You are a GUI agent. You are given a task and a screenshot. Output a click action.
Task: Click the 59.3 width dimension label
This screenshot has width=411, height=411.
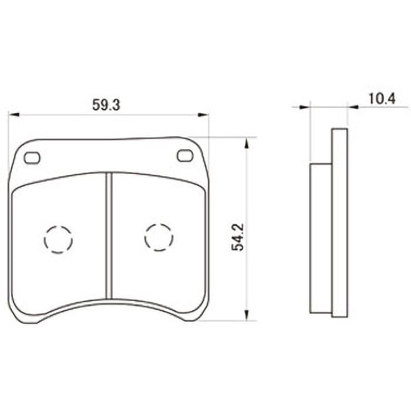click(106, 105)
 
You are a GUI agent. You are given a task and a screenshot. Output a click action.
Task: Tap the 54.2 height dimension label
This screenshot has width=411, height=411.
click(238, 237)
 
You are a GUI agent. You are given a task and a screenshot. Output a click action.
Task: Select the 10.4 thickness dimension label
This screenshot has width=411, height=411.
click(382, 99)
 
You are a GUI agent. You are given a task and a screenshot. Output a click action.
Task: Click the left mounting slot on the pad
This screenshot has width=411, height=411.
click(32, 158)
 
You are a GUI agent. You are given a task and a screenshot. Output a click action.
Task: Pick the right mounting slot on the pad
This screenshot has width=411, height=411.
click(185, 156)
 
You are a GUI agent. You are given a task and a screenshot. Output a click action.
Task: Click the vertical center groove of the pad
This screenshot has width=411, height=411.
click(109, 235)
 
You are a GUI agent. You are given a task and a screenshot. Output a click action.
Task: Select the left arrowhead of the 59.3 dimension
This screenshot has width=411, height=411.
click(14, 115)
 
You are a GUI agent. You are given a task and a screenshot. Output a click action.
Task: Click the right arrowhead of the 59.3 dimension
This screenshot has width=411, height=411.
click(203, 115)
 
